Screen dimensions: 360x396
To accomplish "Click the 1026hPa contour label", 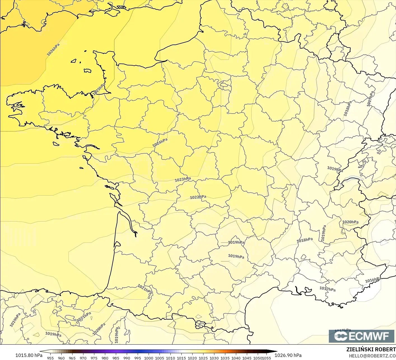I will tap(53, 50).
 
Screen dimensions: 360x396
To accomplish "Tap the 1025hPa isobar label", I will tap(99, 89).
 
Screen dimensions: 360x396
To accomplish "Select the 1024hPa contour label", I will tap(160, 142).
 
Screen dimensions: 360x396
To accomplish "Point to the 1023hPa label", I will tap(183, 179).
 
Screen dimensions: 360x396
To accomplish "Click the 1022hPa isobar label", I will tap(198, 197).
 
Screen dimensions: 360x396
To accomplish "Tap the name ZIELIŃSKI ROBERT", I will tap(371, 349).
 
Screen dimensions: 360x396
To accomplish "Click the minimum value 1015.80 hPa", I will tap(29, 355).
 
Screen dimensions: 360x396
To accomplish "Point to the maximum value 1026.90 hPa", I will tap(288, 355).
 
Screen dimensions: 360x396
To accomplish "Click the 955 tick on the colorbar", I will tap(50, 358).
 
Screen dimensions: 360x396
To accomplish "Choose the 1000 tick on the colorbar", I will tap(149, 358).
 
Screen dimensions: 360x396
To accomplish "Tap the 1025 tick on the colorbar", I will tap(203, 358).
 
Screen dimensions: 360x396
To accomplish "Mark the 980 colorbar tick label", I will tap(105, 358).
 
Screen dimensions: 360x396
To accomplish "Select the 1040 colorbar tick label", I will tap(236, 358).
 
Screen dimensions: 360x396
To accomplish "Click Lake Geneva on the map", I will tap(353, 178).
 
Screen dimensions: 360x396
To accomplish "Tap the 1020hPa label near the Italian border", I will tap(350, 222).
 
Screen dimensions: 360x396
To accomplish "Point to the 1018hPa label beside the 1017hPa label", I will tap(348, 109).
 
